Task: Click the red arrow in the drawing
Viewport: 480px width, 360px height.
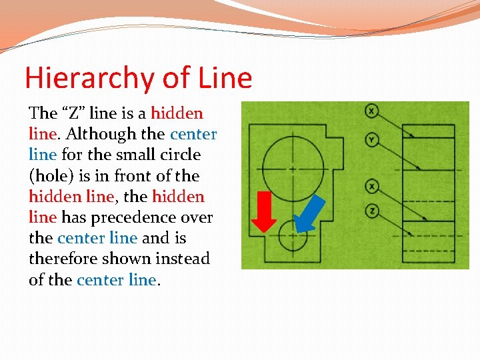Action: [267, 211]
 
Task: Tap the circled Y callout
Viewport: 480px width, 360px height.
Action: [371, 139]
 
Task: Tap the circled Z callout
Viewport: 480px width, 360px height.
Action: [371, 211]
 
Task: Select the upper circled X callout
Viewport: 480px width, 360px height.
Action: [371, 111]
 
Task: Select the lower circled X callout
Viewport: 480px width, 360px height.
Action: [371, 186]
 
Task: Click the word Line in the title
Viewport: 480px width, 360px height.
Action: [225, 78]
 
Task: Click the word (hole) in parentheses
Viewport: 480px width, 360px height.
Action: [50, 176]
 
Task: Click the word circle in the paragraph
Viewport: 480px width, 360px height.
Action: [180, 155]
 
